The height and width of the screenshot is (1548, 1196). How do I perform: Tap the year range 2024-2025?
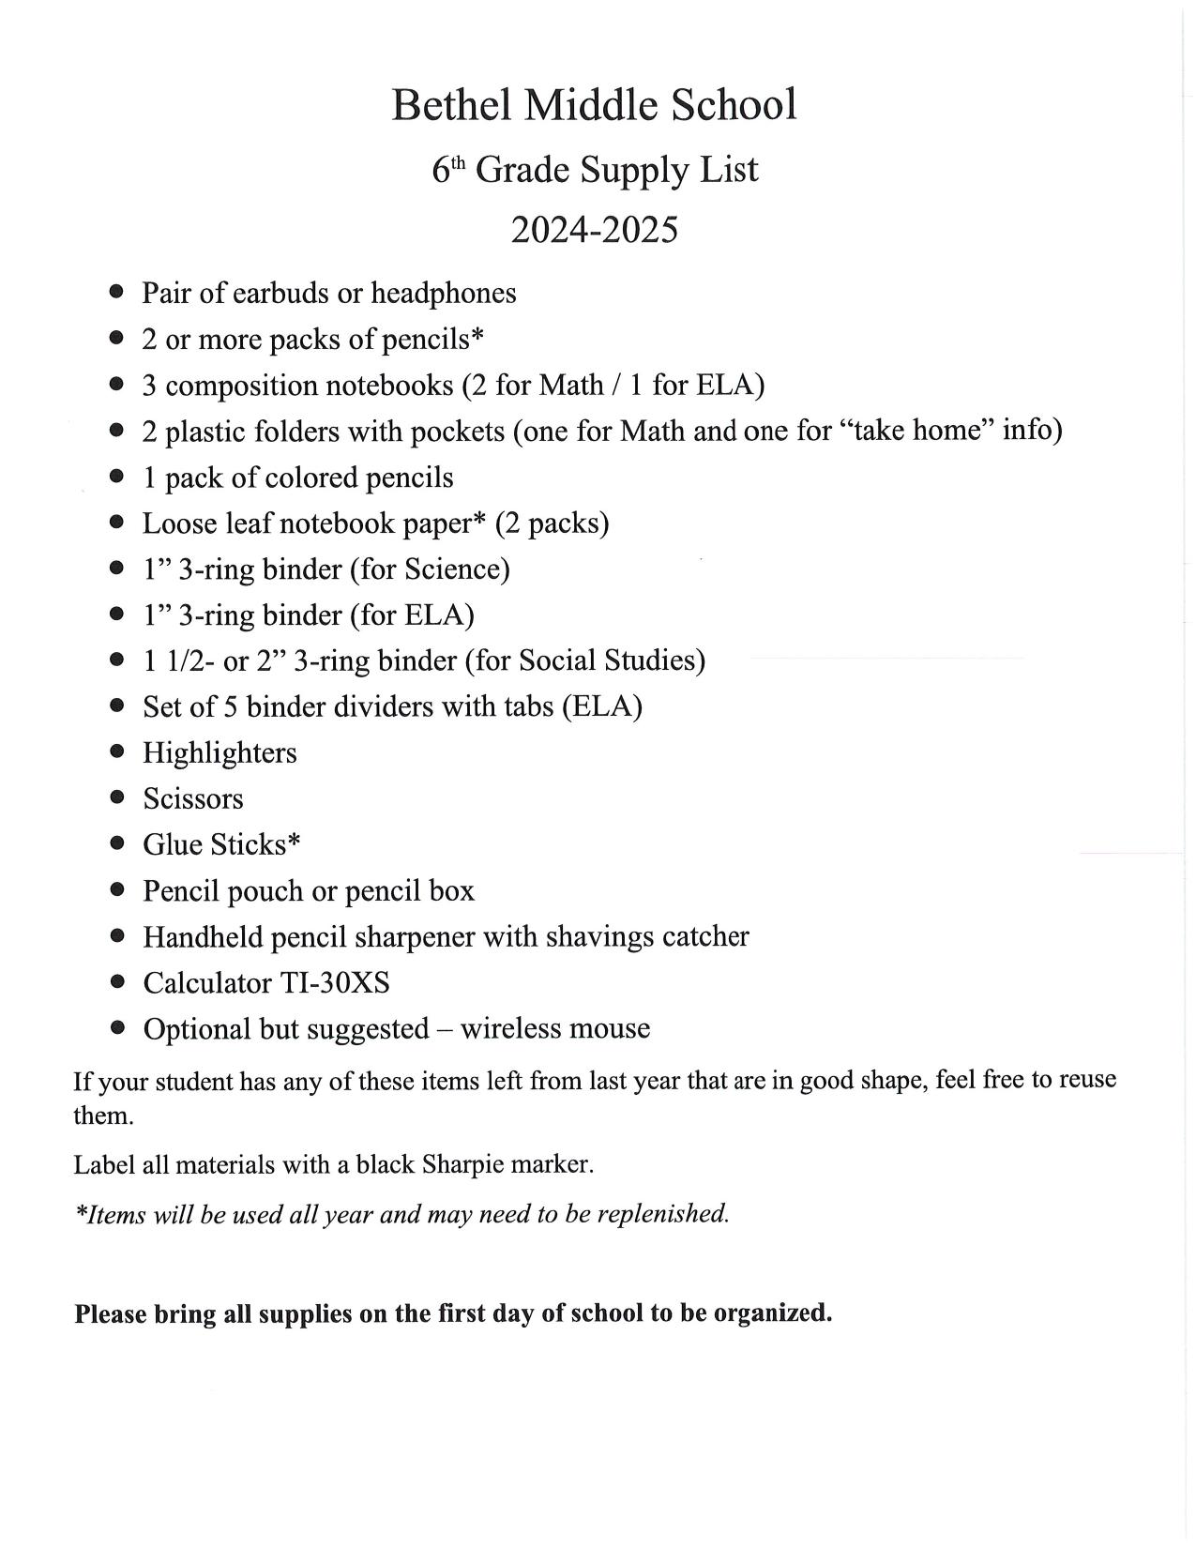[594, 230]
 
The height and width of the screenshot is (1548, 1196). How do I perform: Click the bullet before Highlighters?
[117, 751]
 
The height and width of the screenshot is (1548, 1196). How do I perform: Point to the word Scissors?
[193, 798]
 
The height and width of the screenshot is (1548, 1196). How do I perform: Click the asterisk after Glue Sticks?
[295, 840]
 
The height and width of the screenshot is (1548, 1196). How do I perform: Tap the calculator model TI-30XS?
[335, 983]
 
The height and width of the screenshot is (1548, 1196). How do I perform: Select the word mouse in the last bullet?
[609, 1029]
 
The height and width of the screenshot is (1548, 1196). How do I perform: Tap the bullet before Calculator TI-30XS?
[117, 982]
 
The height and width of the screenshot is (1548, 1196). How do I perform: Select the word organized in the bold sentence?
[772, 1313]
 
